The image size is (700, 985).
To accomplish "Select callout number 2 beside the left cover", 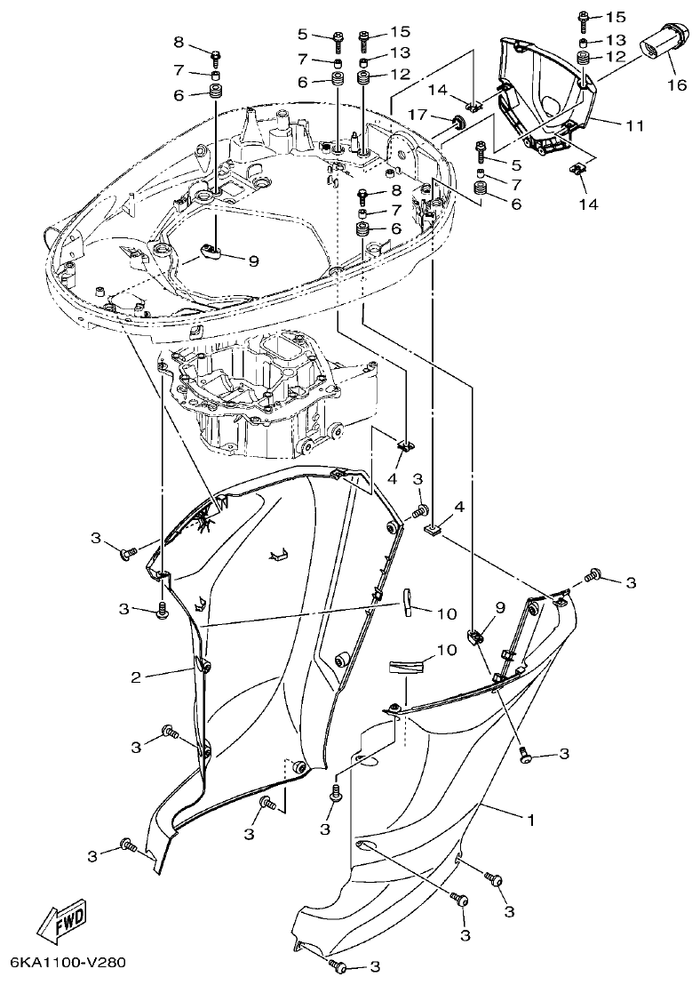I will point(136,677).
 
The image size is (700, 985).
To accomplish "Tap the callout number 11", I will point(633,126).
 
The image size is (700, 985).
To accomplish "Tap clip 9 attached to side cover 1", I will point(475,637).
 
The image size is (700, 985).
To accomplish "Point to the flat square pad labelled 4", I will point(434,531).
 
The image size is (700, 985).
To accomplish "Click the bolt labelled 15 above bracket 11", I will point(584,16).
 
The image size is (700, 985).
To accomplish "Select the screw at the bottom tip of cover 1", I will point(337,965).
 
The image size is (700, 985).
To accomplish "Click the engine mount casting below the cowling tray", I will point(266,391).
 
